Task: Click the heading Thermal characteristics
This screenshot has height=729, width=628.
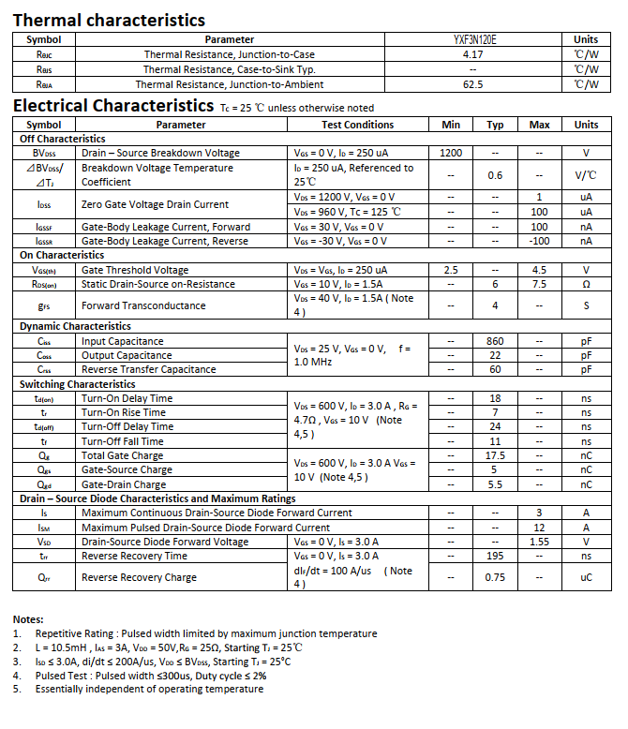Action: coord(109,20)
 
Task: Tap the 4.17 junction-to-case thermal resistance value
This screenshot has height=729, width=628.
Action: coord(473,54)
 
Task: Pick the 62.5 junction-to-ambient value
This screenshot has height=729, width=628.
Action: coord(473,84)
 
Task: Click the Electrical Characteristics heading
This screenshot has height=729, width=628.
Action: coord(113,106)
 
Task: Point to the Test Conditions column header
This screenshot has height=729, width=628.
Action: coord(357,125)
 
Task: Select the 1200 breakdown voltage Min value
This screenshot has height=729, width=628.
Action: coord(451,153)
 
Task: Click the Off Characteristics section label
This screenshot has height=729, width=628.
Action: coord(63,139)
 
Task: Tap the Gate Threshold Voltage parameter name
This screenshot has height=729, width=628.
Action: coord(135,270)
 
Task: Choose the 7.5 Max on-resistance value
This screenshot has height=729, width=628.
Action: coord(539,284)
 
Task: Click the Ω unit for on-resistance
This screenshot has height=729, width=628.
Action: coord(586,284)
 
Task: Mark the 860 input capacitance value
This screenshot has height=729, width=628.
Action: coord(495,341)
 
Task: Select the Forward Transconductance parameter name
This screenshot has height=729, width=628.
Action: coord(143,305)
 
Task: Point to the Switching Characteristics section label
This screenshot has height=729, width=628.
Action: coord(78,384)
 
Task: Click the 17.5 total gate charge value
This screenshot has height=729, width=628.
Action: coord(495,455)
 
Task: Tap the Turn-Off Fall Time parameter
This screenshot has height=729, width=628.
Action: coord(122,441)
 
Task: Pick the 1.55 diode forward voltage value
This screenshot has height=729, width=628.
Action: coord(539,542)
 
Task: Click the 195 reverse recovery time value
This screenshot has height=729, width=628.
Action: coord(495,556)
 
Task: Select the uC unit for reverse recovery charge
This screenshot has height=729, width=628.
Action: coord(586,577)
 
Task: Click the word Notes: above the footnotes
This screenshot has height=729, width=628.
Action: coord(29,619)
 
